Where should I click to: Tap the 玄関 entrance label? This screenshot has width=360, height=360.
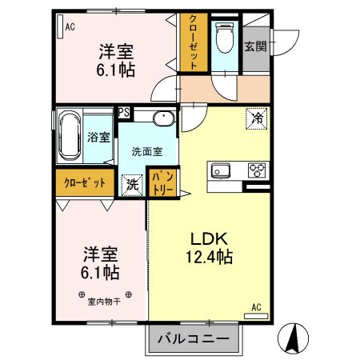click(256, 46)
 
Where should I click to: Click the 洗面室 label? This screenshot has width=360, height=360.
click(146, 150)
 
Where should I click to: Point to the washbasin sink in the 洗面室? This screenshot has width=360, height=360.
click(162, 120)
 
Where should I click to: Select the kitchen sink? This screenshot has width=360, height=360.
click(220, 170)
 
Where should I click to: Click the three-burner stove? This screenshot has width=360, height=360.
click(257, 169)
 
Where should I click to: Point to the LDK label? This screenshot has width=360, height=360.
click(210, 238)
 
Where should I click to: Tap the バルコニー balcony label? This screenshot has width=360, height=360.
click(193, 338)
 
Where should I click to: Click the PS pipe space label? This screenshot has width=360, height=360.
click(124, 112)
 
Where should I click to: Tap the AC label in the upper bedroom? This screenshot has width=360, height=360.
click(70, 27)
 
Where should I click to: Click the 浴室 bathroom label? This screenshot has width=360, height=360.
click(99, 138)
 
